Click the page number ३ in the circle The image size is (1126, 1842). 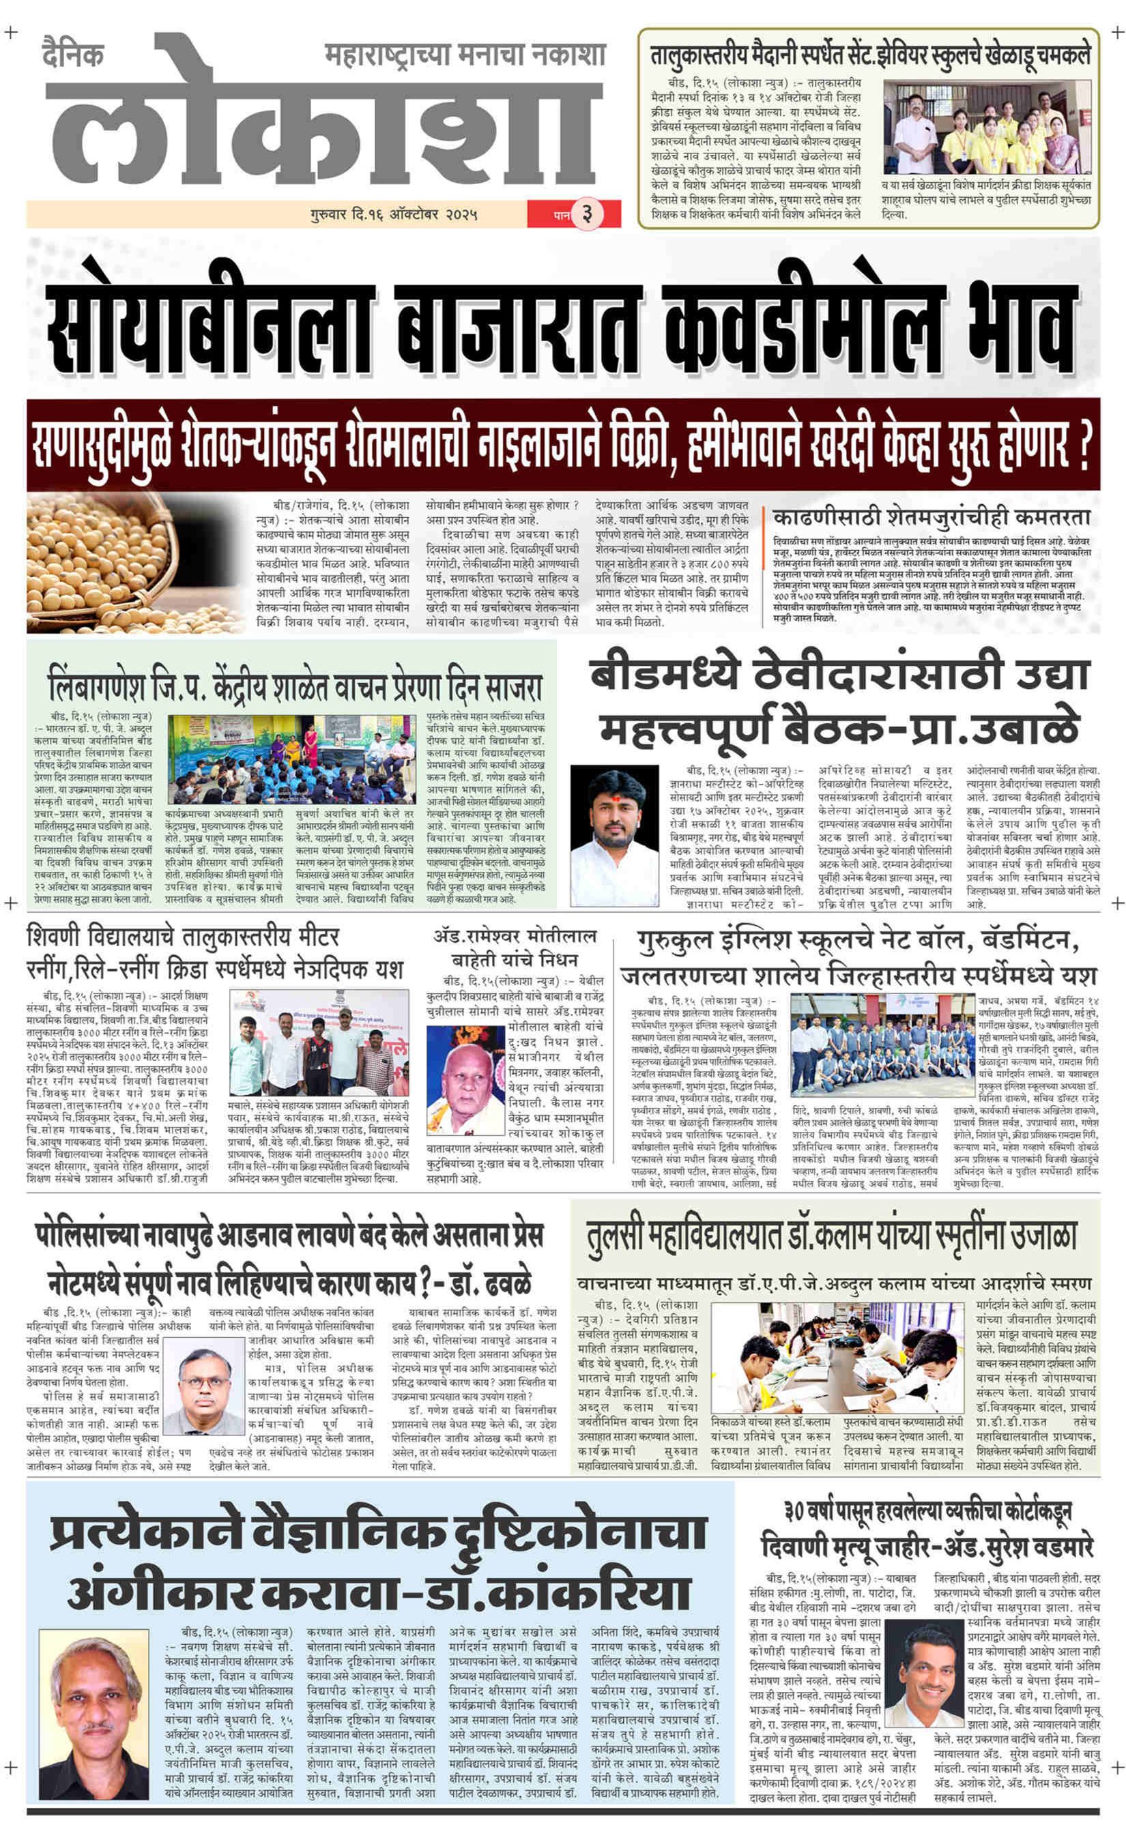(x=586, y=214)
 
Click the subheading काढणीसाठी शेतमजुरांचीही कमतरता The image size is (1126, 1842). (x=931, y=516)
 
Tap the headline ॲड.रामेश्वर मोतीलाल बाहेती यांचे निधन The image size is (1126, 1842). (x=515, y=947)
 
